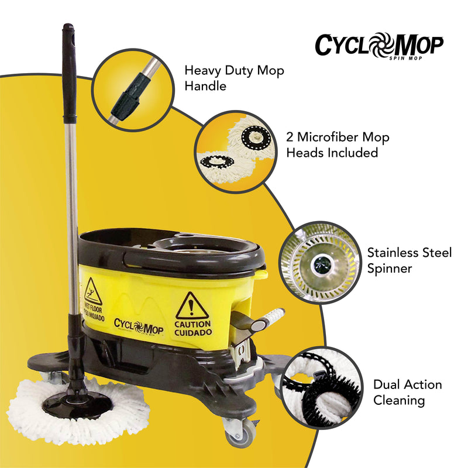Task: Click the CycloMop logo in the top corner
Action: (378, 44)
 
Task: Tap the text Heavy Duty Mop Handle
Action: (234, 78)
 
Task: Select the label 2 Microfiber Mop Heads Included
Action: (338, 144)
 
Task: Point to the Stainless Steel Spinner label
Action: (409, 261)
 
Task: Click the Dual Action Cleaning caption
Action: (407, 393)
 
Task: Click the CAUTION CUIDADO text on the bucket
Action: (193, 328)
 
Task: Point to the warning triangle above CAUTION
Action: (192, 305)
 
